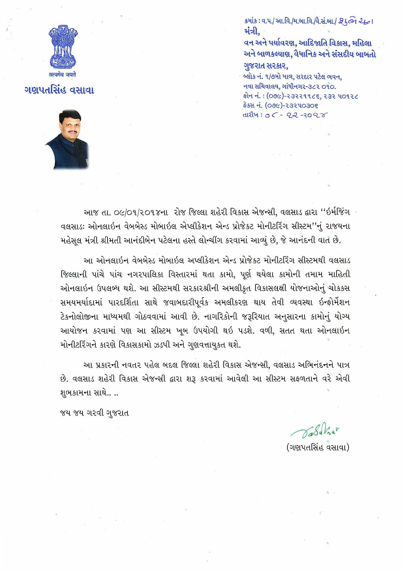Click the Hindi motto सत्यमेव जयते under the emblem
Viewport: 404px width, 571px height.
pyautogui.click(x=63, y=75)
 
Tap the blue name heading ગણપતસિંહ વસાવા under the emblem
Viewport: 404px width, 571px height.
pyautogui.click(x=59, y=90)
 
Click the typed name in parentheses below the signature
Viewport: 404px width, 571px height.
pyautogui.click(x=318, y=448)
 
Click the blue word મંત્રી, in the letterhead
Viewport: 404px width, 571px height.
pyautogui.click(x=252, y=32)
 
